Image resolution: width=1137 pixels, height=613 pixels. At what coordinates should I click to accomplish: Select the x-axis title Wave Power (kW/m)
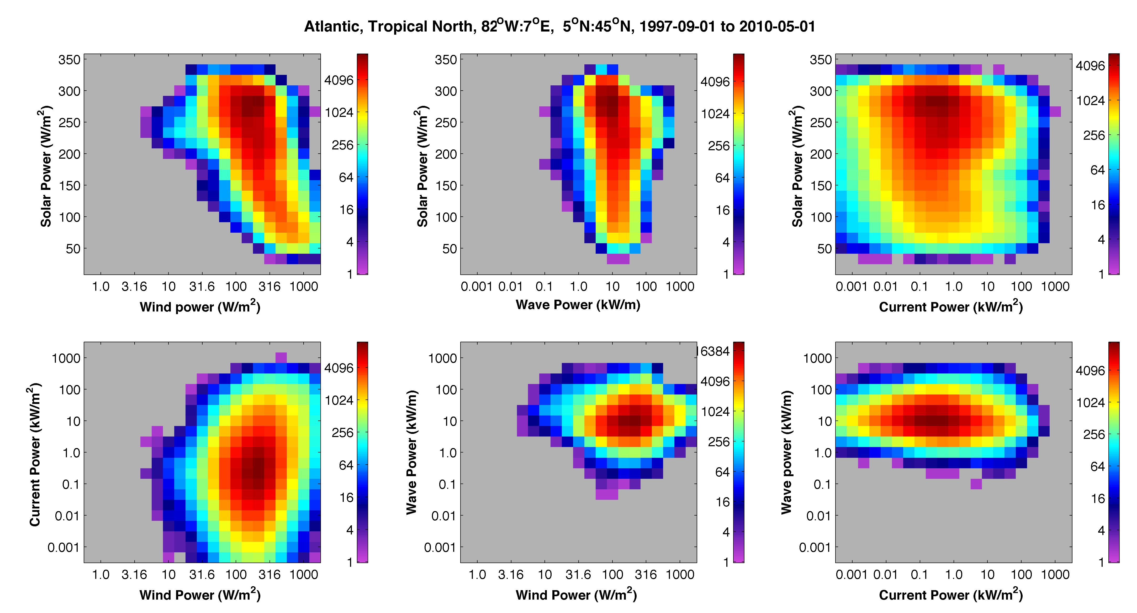click(x=578, y=305)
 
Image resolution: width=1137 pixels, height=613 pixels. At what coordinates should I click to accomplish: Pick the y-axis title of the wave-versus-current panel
click(x=786, y=452)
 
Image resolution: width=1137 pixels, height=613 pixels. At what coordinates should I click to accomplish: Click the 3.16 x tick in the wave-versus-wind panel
click(x=511, y=575)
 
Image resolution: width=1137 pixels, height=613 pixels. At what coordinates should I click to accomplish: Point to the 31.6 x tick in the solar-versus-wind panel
click(x=202, y=287)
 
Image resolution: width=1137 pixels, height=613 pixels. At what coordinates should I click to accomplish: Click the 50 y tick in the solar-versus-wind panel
click(x=73, y=249)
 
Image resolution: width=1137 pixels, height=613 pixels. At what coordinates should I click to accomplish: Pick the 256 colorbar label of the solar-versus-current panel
click(x=1094, y=136)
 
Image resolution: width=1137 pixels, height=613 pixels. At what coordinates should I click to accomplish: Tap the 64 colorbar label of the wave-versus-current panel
click(x=1098, y=467)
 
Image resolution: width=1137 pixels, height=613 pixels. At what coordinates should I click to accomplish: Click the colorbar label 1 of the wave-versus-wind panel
click(x=726, y=562)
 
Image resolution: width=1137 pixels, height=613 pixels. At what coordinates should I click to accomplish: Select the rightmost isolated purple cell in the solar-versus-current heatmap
click(x=1055, y=112)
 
